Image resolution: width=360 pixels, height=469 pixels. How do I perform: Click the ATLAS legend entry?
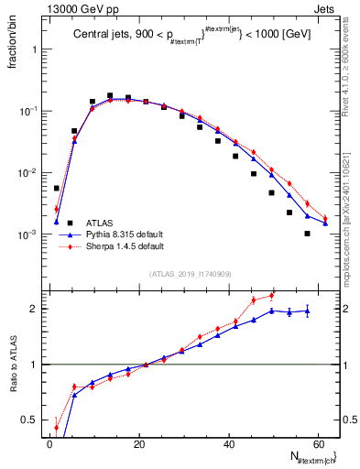click(95, 222)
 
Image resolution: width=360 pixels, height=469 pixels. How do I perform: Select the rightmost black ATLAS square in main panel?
click(307, 234)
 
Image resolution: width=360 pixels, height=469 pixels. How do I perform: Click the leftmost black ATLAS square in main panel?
click(57, 188)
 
